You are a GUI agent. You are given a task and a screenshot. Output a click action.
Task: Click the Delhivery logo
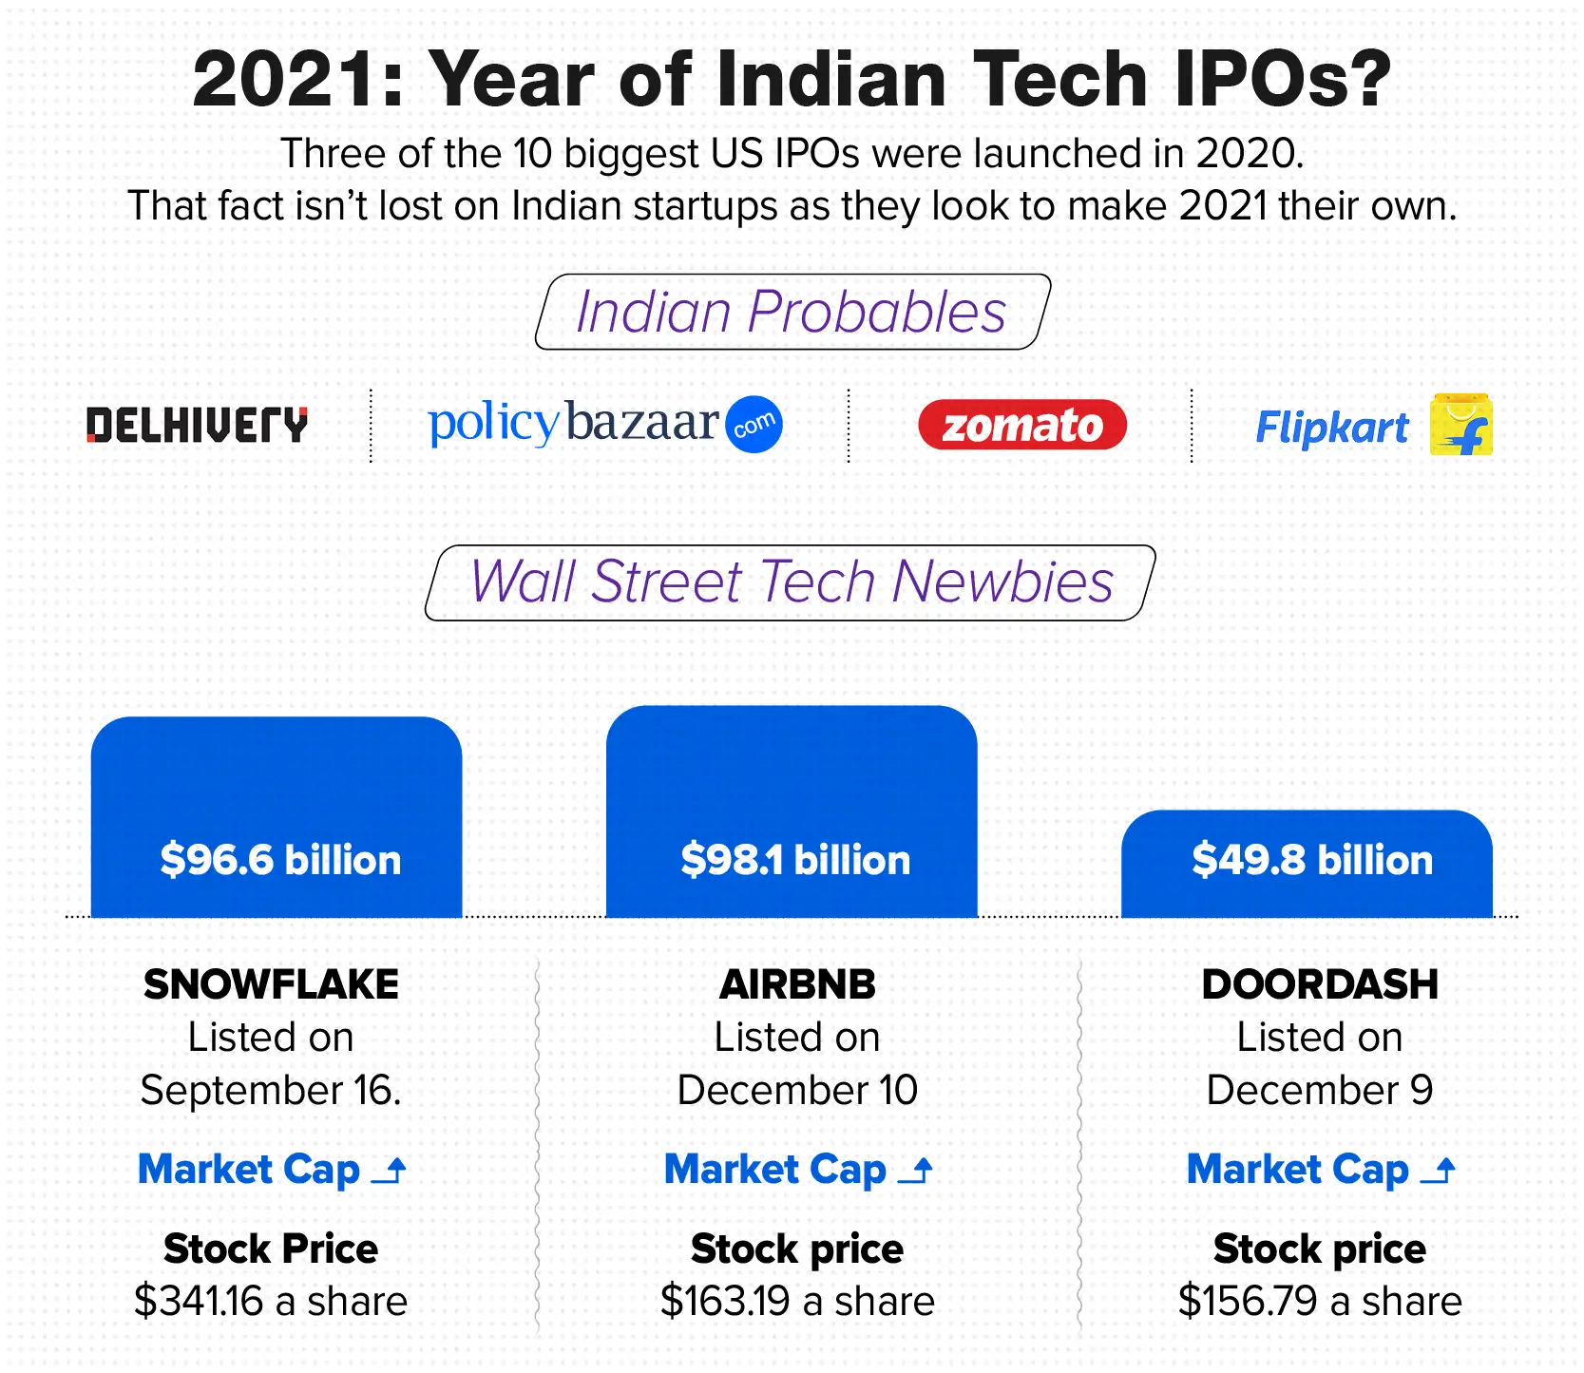click(197, 425)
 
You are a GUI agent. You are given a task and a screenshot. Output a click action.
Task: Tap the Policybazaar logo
click(604, 424)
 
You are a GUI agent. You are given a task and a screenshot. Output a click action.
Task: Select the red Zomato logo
click(1021, 425)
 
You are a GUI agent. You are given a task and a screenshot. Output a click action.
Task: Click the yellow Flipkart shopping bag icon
click(1460, 425)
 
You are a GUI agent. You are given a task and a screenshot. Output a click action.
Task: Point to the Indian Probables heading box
click(792, 312)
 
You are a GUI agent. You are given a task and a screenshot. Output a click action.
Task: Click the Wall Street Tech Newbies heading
click(791, 582)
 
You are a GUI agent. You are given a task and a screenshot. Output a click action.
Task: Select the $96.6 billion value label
click(280, 860)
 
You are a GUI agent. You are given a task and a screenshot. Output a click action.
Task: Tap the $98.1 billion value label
click(795, 860)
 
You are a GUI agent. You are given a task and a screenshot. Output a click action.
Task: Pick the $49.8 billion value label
click(1312, 860)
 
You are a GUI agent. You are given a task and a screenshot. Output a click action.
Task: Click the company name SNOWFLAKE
click(271, 984)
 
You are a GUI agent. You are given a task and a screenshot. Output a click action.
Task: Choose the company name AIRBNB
click(797, 984)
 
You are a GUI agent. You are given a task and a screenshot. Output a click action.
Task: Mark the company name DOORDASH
click(1320, 984)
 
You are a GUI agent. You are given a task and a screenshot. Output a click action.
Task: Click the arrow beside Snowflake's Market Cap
click(390, 1171)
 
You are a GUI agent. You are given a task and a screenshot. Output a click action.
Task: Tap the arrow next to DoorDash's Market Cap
click(1439, 1171)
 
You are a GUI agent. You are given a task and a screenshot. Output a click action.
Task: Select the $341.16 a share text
click(271, 1301)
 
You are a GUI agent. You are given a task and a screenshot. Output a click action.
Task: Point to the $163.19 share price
click(797, 1301)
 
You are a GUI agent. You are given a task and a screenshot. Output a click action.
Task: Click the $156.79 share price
click(1320, 1301)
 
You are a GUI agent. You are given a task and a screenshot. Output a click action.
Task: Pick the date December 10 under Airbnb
click(797, 1090)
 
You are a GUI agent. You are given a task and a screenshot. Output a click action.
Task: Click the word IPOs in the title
click(1282, 79)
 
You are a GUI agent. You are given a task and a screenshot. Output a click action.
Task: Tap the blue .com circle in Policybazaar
click(754, 424)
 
